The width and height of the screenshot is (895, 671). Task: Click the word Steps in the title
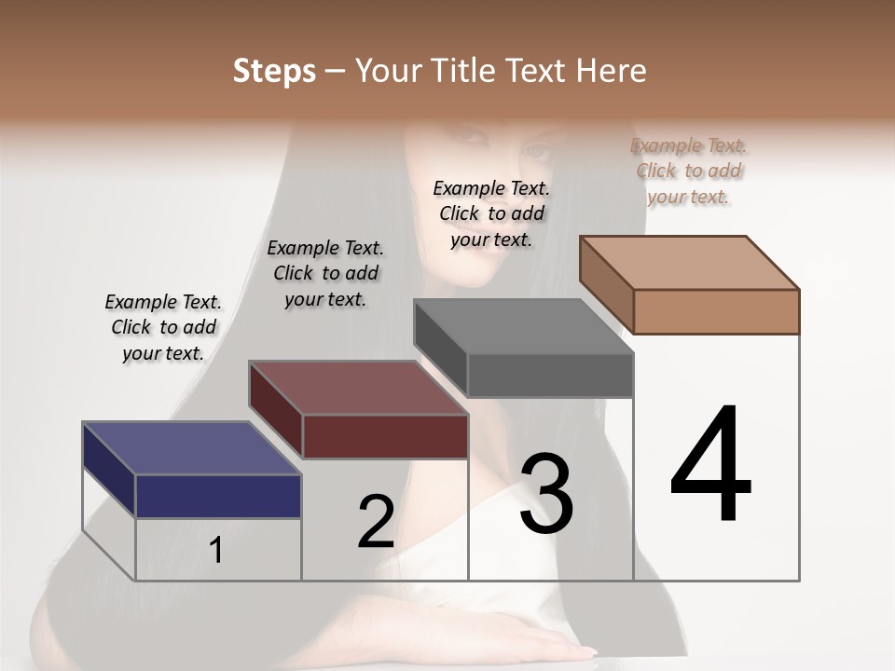coord(274,71)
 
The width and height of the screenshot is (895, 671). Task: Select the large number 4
coord(710,466)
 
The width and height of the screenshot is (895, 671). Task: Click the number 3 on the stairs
coord(546,494)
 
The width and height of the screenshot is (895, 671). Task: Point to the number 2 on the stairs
coord(376,522)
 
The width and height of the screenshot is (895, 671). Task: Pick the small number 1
coord(216,551)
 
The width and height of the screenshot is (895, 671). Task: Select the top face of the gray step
coord(523,326)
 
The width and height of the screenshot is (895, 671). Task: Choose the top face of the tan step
coord(689,262)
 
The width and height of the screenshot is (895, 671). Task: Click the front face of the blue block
coord(218,496)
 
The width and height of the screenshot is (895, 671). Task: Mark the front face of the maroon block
coord(385,436)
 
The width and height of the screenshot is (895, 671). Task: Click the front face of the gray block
coord(550,376)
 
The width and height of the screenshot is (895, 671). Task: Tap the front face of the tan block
coord(716,311)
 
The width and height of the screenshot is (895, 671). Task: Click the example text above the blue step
coord(163,327)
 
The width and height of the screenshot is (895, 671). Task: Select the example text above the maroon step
coord(325,273)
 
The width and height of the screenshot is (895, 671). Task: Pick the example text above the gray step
coord(491,213)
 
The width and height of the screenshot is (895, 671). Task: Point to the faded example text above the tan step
coord(688,171)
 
